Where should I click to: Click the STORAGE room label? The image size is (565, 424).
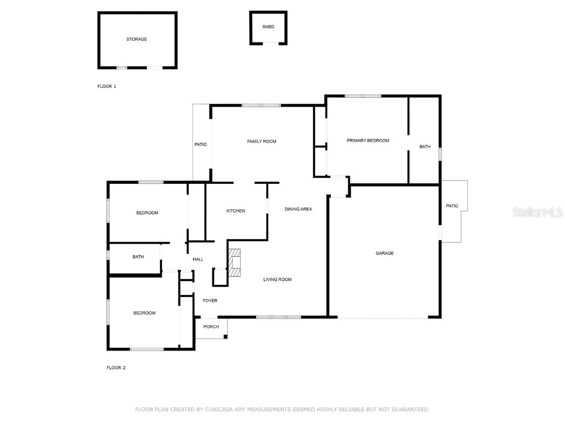pos(137,39)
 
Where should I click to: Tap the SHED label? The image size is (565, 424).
pos(268,26)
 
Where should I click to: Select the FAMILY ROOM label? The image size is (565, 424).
pos(262,141)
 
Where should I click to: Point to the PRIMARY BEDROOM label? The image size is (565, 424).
pos(368,141)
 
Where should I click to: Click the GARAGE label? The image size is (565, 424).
pos(385,253)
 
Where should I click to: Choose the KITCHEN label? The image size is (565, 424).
pos(236,211)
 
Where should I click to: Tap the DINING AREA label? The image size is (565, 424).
pos(299,209)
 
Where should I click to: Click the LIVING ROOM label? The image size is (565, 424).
pos(278,279)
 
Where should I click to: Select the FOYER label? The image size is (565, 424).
pos(210,301)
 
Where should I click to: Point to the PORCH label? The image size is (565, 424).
pos(211,327)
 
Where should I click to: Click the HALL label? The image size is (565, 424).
pos(198,259)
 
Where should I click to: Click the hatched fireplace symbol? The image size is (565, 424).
pos(234,262)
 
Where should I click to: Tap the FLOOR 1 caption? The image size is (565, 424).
pos(106,86)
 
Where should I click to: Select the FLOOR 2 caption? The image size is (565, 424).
pos(116,368)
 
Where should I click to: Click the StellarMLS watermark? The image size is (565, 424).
pos(537,212)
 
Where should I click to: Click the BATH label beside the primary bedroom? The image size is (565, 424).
pos(425,147)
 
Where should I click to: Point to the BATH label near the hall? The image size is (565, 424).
pos(138,257)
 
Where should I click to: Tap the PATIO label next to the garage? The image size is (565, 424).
pos(452,206)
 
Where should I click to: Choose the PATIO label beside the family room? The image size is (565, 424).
pos(201,145)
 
